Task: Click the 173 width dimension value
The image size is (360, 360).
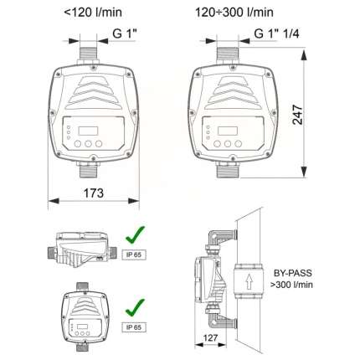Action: pyautogui.click(x=94, y=193)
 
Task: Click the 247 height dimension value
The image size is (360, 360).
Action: pyautogui.click(x=297, y=115)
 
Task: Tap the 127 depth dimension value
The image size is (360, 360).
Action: pyautogui.click(x=210, y=338)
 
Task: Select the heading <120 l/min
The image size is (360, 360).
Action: pyautogui.click(x=93, y=13)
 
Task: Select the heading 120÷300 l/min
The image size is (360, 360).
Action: pyautogui.click(x=234, y=13)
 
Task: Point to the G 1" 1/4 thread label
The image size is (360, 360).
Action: pyautogui.click(x=276, y=33)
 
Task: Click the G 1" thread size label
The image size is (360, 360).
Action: pyautogui.click(x=125, y=33)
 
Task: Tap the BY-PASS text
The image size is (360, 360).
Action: pyautogui.click(x=292, y=273)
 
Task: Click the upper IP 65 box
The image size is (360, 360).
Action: pyautogui.click(x=134, y=255)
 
